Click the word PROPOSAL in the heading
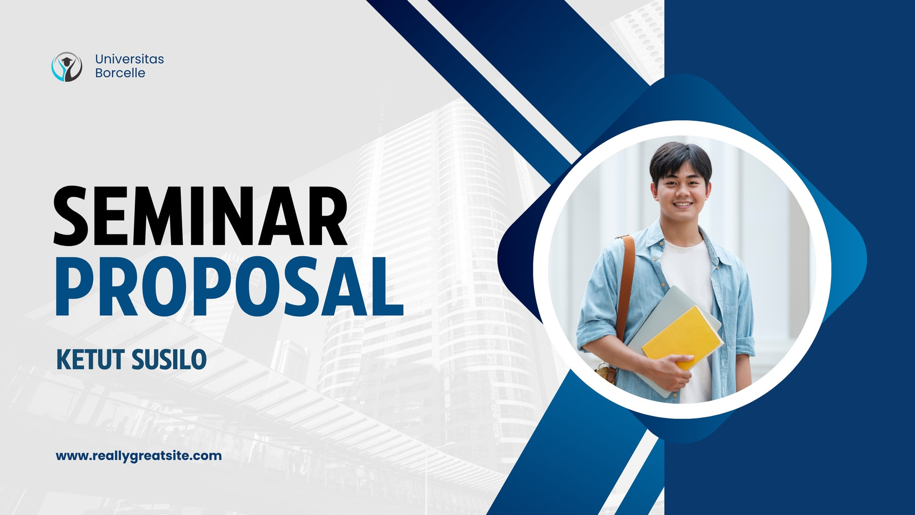click(229, 286)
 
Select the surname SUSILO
click(169, 360)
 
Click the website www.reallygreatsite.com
click(139, 455)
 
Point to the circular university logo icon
click(67, 66)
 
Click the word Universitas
click(129, 59)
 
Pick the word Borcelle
click(120, 73)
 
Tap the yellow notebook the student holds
click(681, 337)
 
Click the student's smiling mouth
click(683, 204)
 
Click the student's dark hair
click(680, 161)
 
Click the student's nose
click(682, 190)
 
